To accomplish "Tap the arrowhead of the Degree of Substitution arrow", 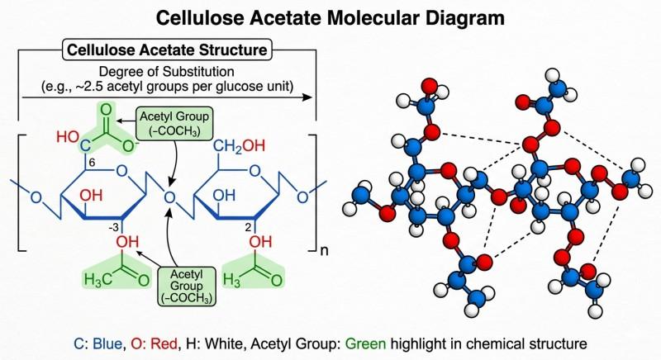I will [x=311, y=99].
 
